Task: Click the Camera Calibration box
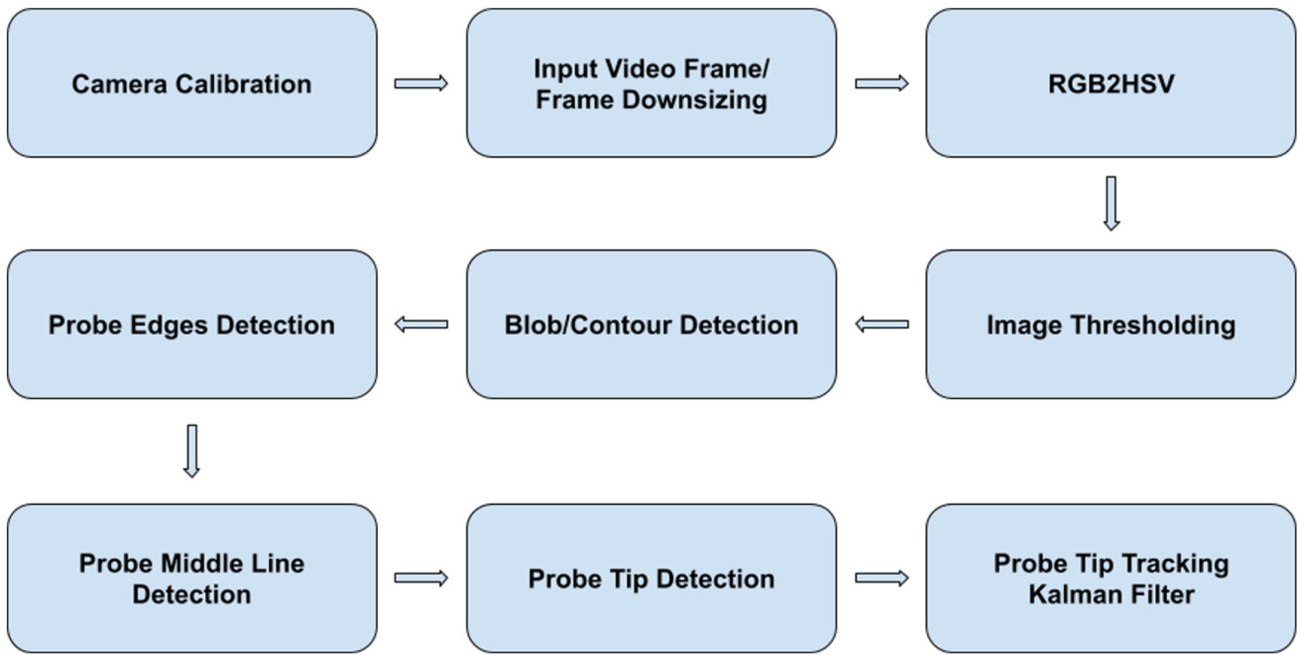(191, 83)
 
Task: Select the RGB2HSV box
(1111, 83)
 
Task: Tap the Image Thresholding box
(1111, 325)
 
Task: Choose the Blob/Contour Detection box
(650, 325)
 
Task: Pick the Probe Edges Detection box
(191, 325)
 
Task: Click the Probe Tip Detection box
(650, 579)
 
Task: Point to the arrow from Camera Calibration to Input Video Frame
(421, 83)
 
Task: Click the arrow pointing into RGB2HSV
(882, 83)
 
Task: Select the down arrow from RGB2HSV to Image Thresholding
(1111, 203)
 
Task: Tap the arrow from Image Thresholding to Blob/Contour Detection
(882, 325)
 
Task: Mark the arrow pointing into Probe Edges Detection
(421, 325)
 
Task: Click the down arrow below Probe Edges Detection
(191, 451)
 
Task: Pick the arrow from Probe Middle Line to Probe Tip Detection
(421, 579)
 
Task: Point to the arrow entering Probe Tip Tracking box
(882, 579)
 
